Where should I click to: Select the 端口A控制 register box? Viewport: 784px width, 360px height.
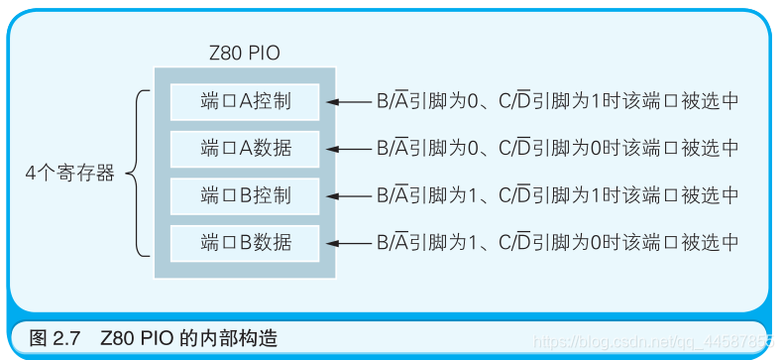point(245,101)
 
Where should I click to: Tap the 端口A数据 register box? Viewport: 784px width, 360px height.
point(245,148)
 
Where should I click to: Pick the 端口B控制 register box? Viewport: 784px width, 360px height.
point(245,194)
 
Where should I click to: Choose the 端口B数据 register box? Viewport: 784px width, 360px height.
point(245,241)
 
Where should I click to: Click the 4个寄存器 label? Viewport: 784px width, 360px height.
point(70,173)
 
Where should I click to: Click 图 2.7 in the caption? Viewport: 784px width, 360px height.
point(54,338)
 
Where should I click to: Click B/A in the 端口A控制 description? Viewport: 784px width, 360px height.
point(392,101)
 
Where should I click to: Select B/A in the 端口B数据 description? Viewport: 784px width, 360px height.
point(392,242)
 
